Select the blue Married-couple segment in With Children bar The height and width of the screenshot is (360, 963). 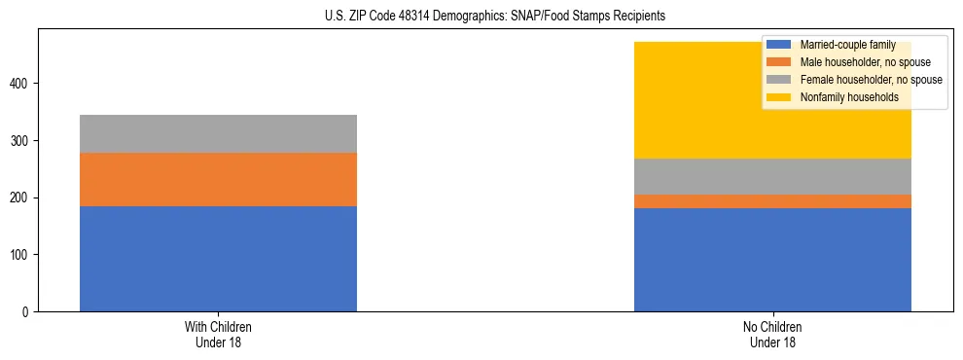(218, 258)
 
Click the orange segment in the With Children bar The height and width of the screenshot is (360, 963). (218, 179)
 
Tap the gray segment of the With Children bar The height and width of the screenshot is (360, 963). (218, 133)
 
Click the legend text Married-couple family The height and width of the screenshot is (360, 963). (847, 45)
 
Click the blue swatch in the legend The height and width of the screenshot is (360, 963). (779, 45)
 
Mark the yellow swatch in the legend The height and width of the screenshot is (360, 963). (779, 97)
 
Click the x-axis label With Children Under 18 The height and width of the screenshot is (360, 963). (218, 334)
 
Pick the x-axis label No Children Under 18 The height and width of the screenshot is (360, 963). (772, 334)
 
